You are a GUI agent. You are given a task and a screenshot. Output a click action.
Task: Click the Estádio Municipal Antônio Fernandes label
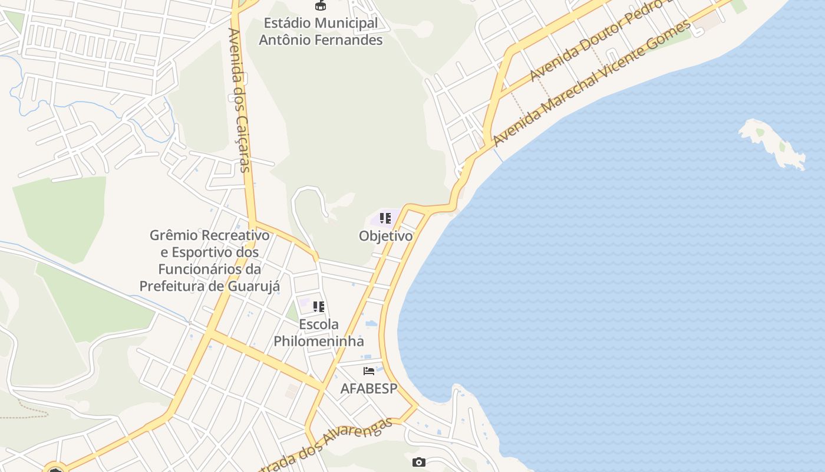tap(321, 31)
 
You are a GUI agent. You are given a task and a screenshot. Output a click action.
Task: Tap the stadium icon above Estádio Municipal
tap(321, 6)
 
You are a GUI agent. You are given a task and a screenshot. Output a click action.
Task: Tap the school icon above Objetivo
tap(385, 218)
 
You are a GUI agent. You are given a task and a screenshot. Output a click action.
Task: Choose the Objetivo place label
tap(385, 236)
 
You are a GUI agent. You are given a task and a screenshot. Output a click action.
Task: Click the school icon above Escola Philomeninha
tap(319, 306)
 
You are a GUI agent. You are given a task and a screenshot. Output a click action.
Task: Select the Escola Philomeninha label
tap(319, 333)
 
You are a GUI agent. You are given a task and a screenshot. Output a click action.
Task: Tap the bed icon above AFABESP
tap(369, 371)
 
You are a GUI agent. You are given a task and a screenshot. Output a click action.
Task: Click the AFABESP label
tap(369, 388)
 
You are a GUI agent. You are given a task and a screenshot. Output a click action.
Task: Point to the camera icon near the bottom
tap(418, 462)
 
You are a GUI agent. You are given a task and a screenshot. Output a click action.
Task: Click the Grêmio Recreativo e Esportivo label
tap(209, 261)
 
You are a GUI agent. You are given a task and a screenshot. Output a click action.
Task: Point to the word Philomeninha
tap(319, 341)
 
